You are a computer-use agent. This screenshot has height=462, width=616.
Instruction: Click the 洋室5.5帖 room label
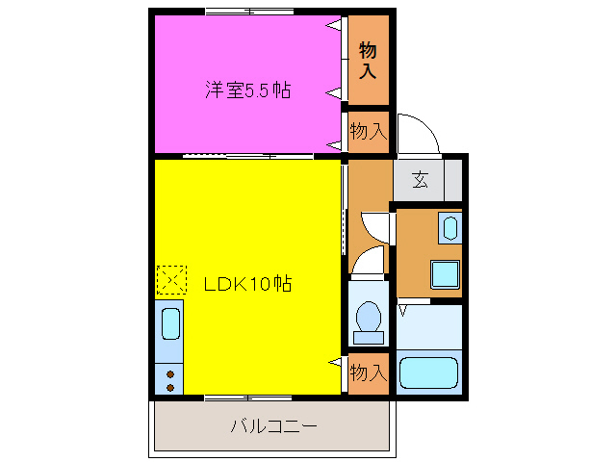coord(247,90)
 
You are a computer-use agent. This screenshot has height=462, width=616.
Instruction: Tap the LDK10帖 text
coord(247,284)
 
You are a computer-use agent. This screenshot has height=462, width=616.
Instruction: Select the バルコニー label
coord(273,425)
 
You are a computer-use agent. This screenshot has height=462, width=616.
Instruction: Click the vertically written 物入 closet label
coord(368,60)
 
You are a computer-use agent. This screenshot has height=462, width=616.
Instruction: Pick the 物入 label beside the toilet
coord(368,372)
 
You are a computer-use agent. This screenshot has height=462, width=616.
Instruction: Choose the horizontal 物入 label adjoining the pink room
coord(368,132)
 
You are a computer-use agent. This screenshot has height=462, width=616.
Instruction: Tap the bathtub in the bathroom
coord(429,372)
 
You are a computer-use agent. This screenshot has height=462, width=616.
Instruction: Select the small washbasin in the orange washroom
coord(449,229)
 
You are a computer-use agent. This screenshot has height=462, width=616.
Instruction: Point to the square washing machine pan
coord(445,274)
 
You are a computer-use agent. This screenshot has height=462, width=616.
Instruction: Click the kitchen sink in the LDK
coord(170,323)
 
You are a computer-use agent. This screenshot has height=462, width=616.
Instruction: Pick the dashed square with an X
coord(170,280)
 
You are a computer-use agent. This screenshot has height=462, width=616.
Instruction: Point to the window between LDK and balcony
coord(247,397)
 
